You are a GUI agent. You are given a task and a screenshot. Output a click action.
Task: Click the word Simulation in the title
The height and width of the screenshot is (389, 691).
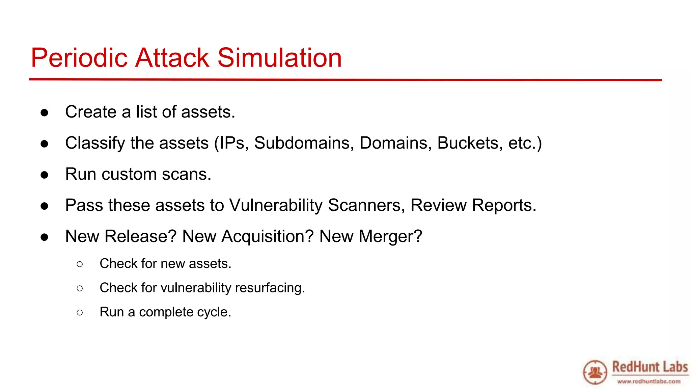279,58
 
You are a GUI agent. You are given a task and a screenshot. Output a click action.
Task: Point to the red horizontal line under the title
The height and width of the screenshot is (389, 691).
345,80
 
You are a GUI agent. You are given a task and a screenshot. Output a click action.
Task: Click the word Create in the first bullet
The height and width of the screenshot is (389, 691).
91,112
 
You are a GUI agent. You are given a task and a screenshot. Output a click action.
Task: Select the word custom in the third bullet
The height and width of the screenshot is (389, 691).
129,174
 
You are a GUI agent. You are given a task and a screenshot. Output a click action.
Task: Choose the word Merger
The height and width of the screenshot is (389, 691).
390,236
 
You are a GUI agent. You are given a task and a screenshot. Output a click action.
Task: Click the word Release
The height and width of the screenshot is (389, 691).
140,236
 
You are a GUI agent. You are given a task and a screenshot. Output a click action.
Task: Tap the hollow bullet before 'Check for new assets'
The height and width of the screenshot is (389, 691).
80,264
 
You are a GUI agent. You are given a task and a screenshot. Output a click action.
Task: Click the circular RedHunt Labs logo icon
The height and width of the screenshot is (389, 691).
595,372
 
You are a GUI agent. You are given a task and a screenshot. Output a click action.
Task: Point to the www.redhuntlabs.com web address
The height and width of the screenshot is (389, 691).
648,382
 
